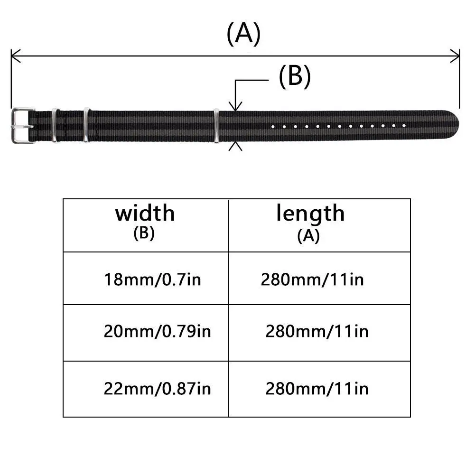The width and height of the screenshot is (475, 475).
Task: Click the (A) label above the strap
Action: [243, 34]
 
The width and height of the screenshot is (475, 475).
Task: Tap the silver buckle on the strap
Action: [22, 125]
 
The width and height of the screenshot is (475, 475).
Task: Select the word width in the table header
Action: [145, 214]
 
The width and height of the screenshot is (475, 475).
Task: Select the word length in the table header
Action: [310, 214]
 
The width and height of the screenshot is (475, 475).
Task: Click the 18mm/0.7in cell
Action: [152, 279]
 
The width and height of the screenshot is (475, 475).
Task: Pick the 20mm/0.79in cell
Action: [157, 331]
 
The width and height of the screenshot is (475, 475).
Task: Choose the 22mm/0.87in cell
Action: [157, 389]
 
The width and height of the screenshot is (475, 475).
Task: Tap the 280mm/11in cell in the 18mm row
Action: [312, 279]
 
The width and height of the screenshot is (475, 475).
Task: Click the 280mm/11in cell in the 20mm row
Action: [317, 331]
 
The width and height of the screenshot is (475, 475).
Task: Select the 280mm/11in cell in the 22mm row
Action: [317, 389]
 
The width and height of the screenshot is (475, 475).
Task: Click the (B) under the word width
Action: [144, 234]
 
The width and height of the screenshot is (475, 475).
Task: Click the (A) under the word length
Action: [308, 236]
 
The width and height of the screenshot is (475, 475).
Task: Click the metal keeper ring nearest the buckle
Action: [54, 125]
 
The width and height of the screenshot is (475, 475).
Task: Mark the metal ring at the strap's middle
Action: [216, 125]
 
